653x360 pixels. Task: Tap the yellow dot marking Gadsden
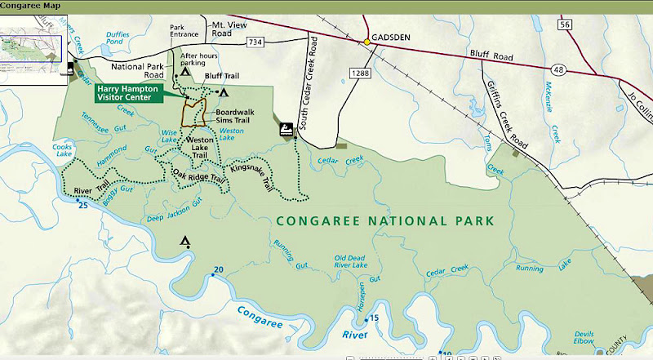pos(367,41)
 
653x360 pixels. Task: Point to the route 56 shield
pos(564,26)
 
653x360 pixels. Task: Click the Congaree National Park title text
pos(385,220)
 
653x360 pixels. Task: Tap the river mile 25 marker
pos(82,204)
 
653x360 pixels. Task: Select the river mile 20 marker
pos(217,270)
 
